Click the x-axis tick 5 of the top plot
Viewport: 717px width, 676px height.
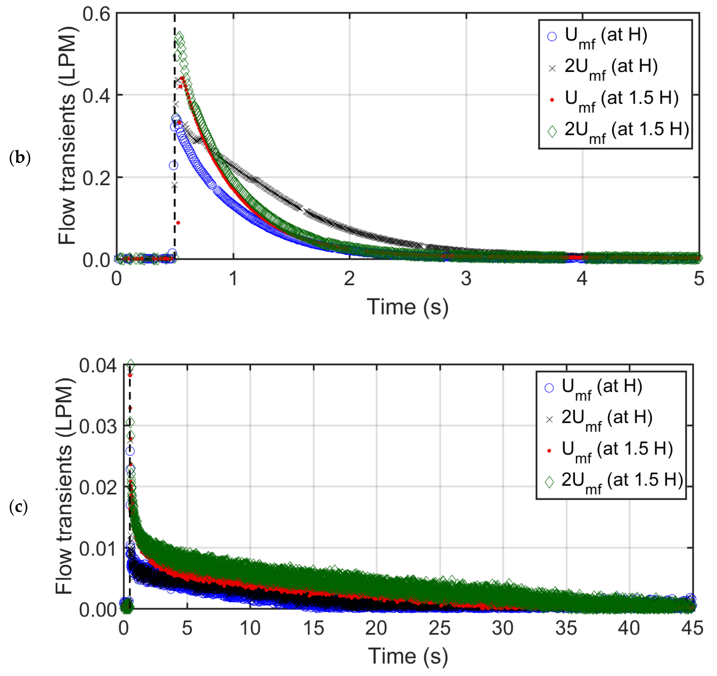coord(699,278)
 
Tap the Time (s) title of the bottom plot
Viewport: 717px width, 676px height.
coord(408,656)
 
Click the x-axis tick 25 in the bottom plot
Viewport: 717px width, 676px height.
coord(439,628)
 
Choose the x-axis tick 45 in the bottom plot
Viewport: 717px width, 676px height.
coord(692,628)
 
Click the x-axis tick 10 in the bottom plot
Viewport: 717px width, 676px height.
coord(250,628)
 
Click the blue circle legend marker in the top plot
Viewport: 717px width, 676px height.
coord(552,36)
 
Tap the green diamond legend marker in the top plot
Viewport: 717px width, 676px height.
coord(552,131)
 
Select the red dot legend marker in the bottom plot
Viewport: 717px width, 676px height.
coord(549,450)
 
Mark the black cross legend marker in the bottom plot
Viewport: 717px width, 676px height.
coord(549,420)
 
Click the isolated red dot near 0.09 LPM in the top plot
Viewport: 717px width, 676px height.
coord(178,223)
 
